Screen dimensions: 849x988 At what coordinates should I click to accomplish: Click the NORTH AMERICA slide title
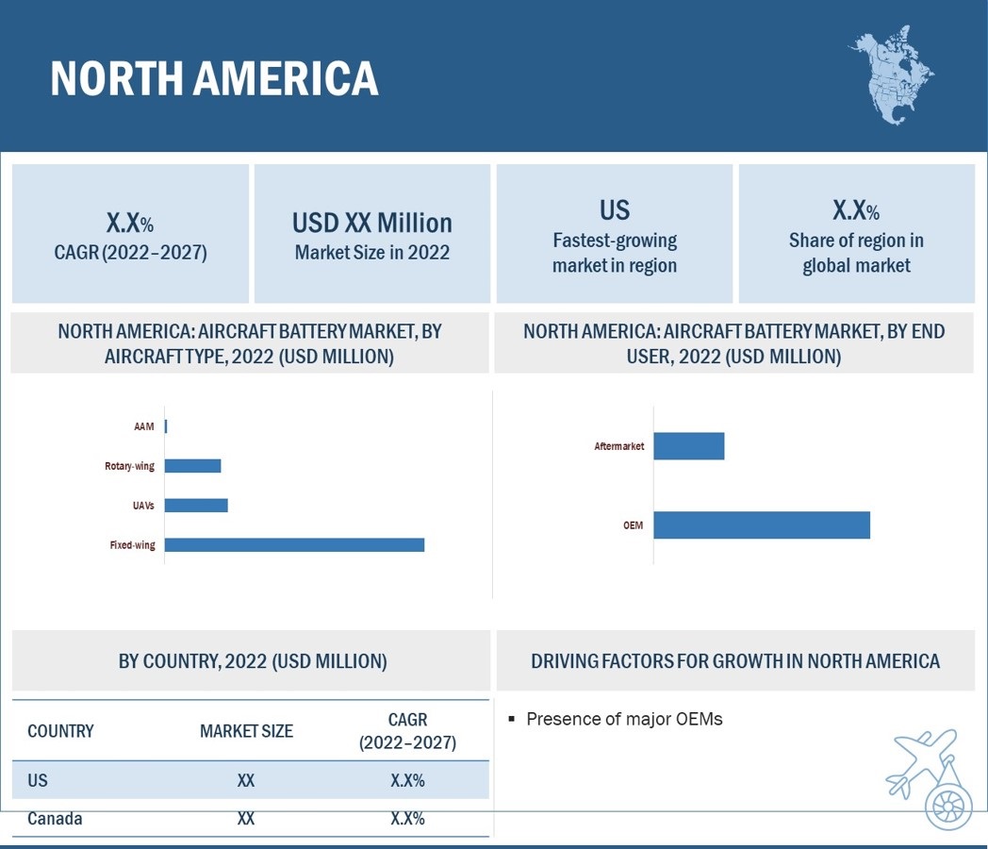(214, 78)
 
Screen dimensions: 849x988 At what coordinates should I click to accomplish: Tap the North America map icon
(891, 75)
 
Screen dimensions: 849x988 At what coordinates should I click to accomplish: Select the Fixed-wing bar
(294, 544)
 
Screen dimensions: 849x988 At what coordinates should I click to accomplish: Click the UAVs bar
(196, 506)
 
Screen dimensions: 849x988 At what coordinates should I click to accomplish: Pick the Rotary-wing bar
(192, 466)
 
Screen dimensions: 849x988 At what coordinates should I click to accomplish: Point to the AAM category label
(143, 427)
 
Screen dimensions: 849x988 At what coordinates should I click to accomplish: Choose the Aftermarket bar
(688, 446)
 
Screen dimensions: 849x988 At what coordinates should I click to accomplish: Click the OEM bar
(761, 525)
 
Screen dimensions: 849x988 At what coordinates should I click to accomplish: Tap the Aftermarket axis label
(619, 446)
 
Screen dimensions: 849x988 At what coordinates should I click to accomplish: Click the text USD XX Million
(372, 224)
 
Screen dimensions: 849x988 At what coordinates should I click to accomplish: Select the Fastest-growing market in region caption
(615, 253)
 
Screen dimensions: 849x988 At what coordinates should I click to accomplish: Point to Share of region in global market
(856, 253)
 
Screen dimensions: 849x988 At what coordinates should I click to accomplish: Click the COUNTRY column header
(60, 731)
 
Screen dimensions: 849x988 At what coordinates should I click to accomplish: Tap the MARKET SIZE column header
(246, 731)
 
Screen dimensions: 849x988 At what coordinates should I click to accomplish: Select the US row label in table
(38, 781)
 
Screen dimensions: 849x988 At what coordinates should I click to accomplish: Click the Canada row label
(55, 819)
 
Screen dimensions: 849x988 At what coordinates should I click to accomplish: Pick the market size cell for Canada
(246, 819)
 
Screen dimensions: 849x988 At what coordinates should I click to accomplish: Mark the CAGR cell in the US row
(407, 781)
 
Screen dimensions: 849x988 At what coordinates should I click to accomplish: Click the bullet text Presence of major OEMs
(624, 719)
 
